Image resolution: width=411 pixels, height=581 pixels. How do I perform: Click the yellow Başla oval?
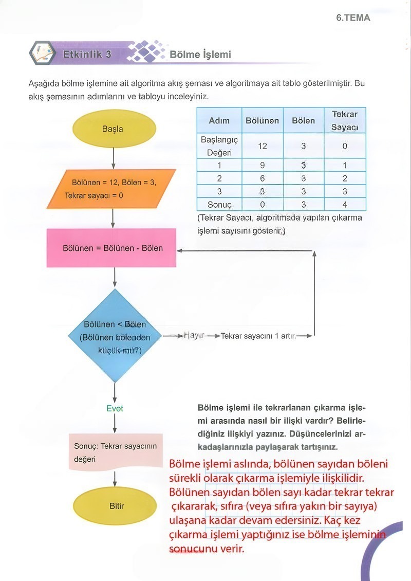[113, 129]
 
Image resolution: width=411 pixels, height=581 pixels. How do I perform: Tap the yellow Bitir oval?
[117, 506]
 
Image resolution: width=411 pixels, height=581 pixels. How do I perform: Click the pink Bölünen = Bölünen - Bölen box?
[113, 248]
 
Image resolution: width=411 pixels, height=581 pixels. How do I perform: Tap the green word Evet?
[115, 409]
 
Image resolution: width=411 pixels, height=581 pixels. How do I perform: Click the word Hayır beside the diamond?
[194, 336]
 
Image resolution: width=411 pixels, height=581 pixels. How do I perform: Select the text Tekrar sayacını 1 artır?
[258, 336]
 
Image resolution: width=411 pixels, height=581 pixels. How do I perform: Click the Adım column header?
[219, 120]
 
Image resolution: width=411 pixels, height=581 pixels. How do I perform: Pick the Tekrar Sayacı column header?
[344, 120]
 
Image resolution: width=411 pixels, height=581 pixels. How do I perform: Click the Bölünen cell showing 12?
[262, 146]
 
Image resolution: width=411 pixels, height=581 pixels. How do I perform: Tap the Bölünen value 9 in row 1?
[262, 166]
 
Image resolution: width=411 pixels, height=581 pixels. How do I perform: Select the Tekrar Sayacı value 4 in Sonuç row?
[344, 205]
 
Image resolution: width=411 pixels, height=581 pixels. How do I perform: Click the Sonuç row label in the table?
[219, 205]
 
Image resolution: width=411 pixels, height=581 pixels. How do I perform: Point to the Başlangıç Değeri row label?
[219, 146]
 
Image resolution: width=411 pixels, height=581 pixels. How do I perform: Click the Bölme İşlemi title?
[200, 55]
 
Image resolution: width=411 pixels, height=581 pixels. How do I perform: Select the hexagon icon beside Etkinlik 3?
[42, 53]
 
